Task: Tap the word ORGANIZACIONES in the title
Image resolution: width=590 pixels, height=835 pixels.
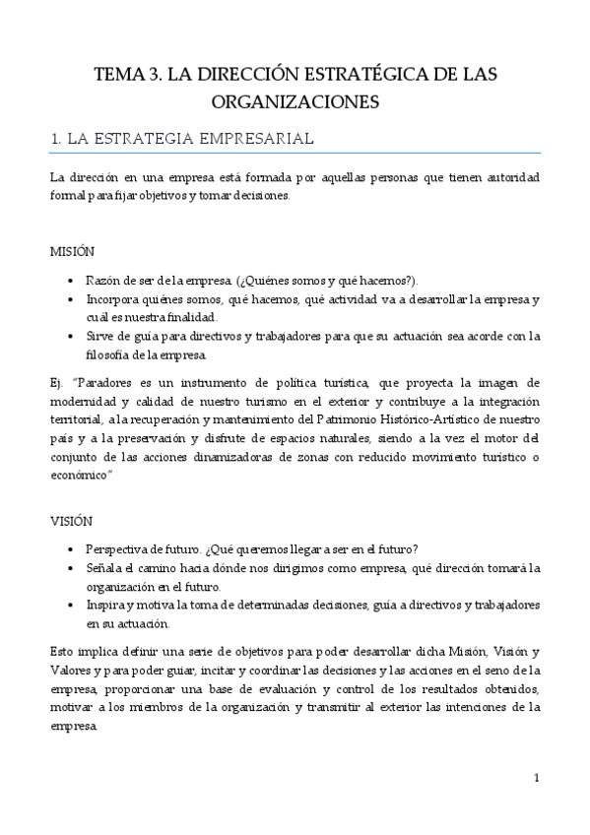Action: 295,101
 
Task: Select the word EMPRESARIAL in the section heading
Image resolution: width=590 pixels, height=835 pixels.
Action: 257,139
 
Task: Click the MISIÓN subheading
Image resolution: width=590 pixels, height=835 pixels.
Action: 73,252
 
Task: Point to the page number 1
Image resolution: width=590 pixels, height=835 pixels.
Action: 536,778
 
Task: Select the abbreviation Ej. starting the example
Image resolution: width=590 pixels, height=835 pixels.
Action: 57,382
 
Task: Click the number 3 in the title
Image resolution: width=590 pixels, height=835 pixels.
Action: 151,74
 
